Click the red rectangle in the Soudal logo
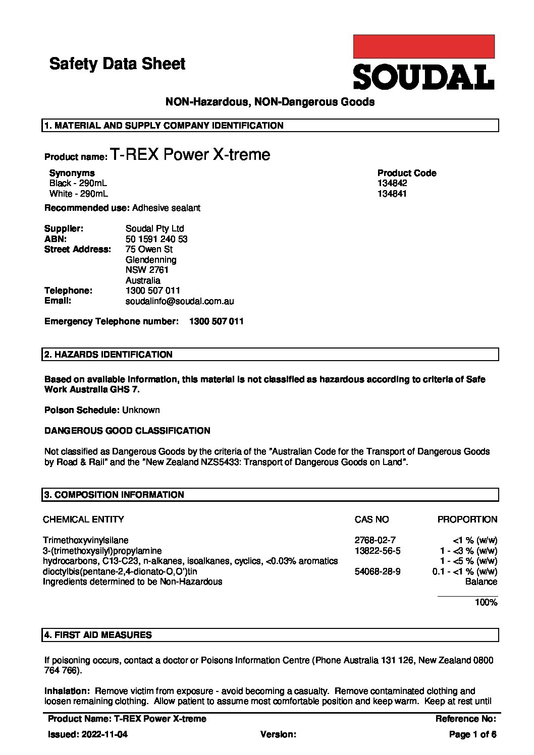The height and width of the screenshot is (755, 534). coord(423,46)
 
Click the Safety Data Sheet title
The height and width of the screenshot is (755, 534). coord(117,64)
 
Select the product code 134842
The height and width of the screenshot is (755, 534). coord(392,183)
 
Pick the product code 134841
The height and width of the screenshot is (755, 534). coord(392,194)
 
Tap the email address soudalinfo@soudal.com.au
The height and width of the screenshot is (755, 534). coord(179,301)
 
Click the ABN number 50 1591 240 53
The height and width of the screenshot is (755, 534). coord(156,239)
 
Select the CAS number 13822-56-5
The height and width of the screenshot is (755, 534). coord(378,551)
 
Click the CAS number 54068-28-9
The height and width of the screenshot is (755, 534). coord(378,571)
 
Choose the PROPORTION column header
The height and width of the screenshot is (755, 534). coord(467,519)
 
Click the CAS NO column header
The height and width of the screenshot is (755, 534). coord(371,519)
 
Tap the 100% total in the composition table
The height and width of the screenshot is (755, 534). coord(486,602)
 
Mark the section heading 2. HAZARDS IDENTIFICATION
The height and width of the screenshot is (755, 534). coord(109,355)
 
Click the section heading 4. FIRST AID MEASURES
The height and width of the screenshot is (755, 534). coord(98,635)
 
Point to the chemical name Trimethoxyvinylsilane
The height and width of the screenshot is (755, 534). coord(85,540)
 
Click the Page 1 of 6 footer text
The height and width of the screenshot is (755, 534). coord(472,734)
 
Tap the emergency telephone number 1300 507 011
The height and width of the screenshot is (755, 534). coord(216,321)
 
